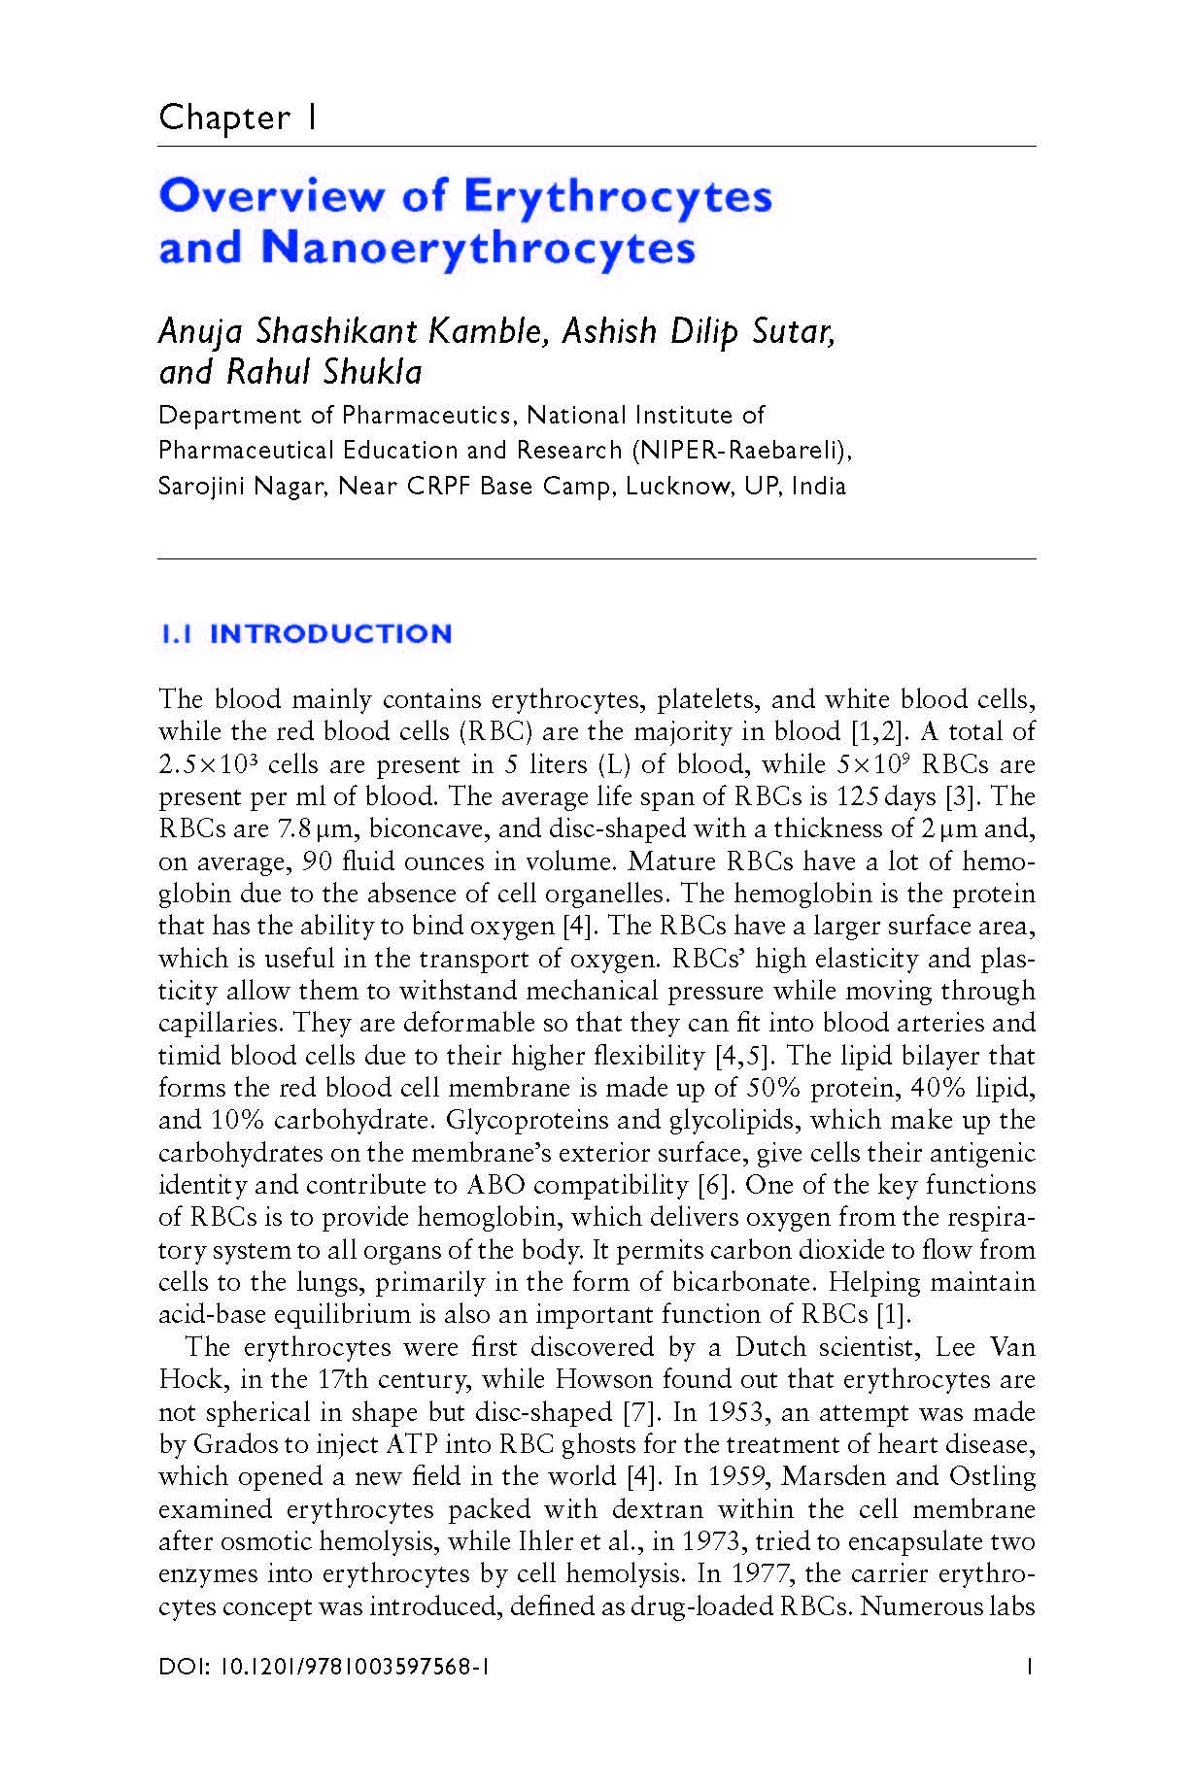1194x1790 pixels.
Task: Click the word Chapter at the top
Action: click(224, 118)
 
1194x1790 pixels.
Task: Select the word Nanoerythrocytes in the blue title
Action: click(478, 247)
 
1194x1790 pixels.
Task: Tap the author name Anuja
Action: click(201, 333)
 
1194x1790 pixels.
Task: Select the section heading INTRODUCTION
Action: click(331, 634)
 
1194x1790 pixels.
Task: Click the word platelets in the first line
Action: click(709, 699)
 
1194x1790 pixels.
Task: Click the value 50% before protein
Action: click(773, 1088)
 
